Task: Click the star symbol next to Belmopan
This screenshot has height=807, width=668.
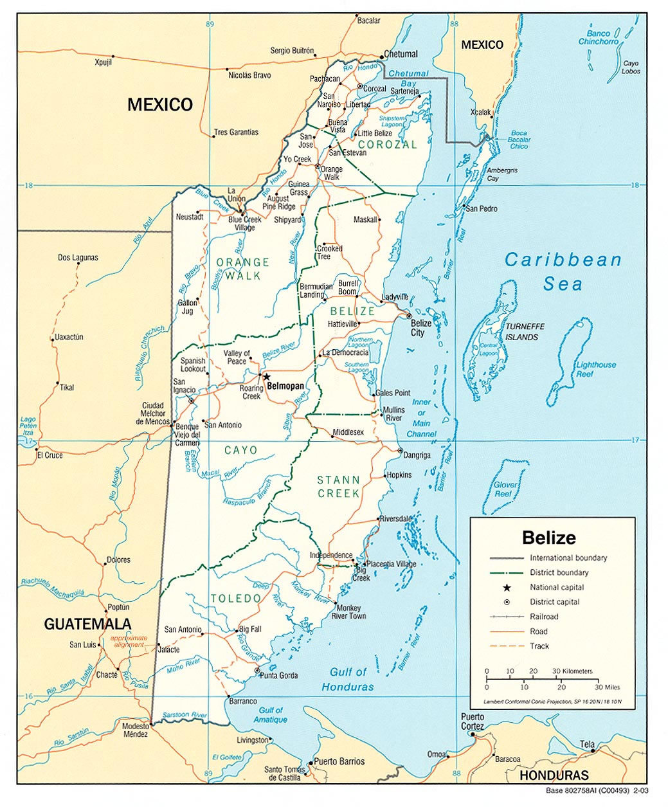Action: (x=266, y=377)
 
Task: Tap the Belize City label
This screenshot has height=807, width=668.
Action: (x=422, y=328)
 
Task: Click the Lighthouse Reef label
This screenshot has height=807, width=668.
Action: (x=596, y=369)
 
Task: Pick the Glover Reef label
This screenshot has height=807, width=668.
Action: (x=505, y=489)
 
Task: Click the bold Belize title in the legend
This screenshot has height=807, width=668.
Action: (x=548, y=538)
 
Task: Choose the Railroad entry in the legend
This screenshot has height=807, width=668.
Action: (x=544, y=617)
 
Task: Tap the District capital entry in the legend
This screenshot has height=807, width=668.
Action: (x=554, y=602)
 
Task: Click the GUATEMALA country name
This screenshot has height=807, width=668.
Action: (x=87, y=624)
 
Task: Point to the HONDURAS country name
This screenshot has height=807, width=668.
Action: (x=554, y=775)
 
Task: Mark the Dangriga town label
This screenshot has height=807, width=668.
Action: (x=417, y=455)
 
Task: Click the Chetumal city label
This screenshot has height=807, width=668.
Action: (x=401, y=55)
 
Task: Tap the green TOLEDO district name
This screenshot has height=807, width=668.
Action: (x=236, y=599)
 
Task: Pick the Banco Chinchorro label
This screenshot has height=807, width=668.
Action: (x=598, y=37)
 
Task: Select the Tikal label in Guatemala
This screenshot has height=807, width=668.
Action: (x=67, y=387)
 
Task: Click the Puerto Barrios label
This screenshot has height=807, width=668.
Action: (x=339, y=761)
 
